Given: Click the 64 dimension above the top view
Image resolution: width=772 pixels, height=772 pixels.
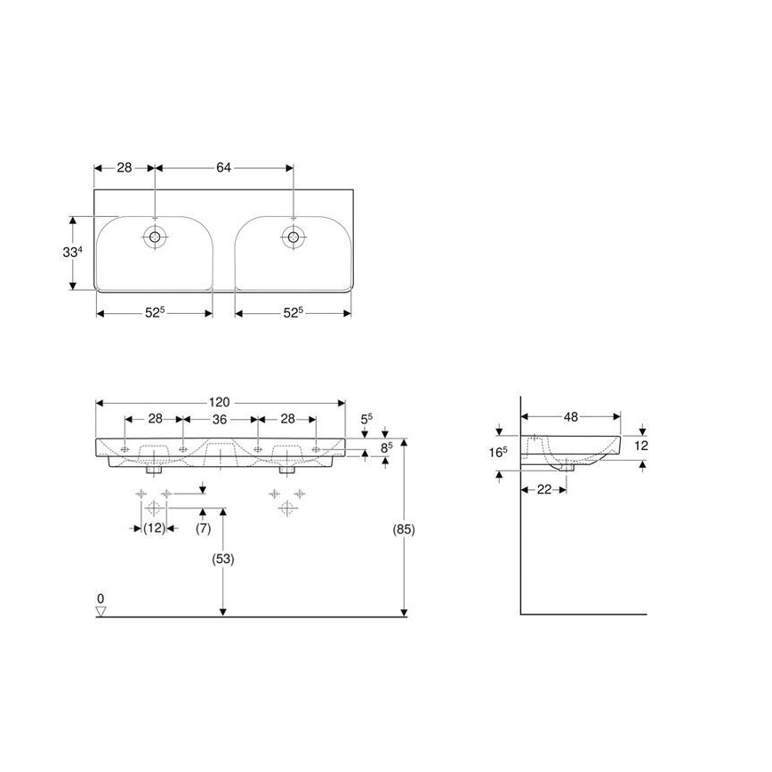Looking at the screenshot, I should click(x=223, y=167).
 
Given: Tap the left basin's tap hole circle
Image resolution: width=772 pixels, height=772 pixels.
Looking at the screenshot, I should click(x=156, y=237).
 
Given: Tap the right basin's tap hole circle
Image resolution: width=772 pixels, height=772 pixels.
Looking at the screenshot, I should click(x=293, y=237).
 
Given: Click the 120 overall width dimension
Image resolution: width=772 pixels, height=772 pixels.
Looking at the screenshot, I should click(x=221, y=402).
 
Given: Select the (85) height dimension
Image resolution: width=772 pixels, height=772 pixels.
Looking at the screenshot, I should click(x=404, y=528).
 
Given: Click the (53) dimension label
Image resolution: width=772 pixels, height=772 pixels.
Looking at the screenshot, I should click(x=223, y=559).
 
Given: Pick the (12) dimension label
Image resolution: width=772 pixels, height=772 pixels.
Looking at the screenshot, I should click(x=155, y=527).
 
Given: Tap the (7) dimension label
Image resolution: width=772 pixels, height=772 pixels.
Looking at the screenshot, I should click(x=204, y=527).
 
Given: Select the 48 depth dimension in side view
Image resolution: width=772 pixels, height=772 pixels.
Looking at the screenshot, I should click(x=571, y=415).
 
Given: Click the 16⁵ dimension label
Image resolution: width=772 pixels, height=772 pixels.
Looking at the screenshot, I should click(x=498, y=452).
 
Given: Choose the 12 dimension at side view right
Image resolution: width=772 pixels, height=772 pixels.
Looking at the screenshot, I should click(x=642, y=444).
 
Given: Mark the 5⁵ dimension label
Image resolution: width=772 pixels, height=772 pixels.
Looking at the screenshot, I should click(x=366, y=418).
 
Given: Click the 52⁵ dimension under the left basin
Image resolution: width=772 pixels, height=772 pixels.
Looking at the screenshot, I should click(x=156, y=312).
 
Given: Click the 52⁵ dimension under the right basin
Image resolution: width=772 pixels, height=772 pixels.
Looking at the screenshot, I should click(x=293, y=312).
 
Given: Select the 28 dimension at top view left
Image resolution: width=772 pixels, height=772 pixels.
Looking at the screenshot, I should click(x=125, y=167).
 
